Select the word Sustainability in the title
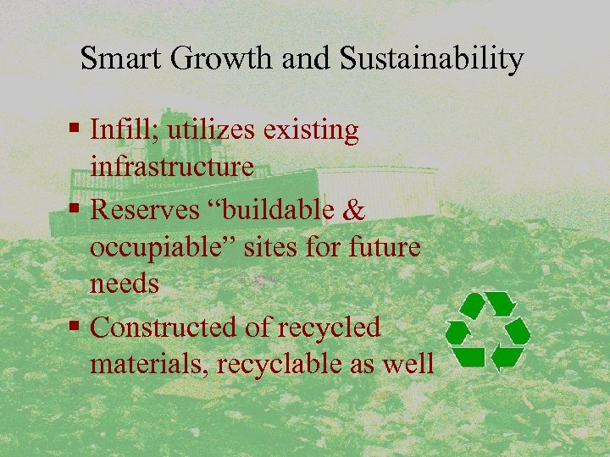432,59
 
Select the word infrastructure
172,167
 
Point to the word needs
125,284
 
